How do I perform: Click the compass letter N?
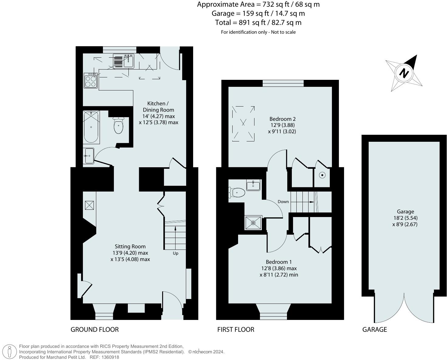[404, 73]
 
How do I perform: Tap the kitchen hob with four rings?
[91, 80]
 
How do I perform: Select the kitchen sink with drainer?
[124, 61]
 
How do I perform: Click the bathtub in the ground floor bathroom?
[91, 127]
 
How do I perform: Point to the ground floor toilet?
[118, 126]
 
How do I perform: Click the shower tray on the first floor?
[253, 223]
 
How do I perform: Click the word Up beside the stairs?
[176, 253]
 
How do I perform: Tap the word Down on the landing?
[283, 202]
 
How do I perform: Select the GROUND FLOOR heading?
[94, 329]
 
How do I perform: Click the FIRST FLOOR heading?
[236, 329]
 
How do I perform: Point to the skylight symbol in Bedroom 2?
[243, 124]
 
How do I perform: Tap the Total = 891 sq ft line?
[258, 22]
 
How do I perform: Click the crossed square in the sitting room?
[89, 205]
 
